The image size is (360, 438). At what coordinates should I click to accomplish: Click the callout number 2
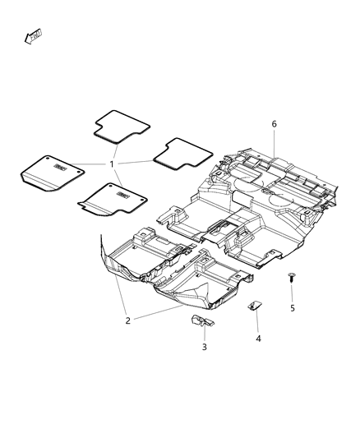127,320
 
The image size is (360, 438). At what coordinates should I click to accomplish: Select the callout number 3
205,348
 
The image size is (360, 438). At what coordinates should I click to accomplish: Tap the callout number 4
256,338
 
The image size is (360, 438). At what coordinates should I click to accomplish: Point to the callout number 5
292,308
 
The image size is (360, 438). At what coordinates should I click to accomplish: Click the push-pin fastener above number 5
291,279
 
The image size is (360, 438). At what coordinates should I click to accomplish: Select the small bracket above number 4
255,307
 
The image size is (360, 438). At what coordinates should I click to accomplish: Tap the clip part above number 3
201,320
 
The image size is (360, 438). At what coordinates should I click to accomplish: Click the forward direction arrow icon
35,35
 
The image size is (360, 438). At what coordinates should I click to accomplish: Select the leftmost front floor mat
51,172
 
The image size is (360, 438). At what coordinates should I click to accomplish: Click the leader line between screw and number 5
292,293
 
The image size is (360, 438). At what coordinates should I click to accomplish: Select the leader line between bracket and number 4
256,322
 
